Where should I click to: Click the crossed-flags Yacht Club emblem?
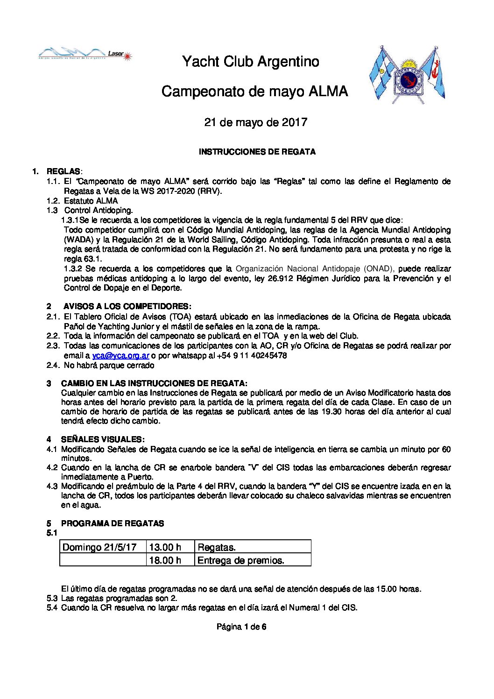click(x=407, y=73)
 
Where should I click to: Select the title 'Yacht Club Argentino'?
click(x=250, y=62)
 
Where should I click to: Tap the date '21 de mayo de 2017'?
click(x=256, y=122)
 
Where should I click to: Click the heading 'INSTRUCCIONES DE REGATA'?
click(x=257, y=152)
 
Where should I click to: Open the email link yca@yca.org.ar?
click(x=120, y=355)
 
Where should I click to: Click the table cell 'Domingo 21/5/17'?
click(x=99, y=547)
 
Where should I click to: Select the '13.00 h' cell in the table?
click(x=165, y=547)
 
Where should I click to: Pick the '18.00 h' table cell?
click(x=165, y=560)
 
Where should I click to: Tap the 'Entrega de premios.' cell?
click(x=241, y=560)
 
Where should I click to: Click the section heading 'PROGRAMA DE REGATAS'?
click(x=113, y=523)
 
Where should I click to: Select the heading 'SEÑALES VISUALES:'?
click(x=103, y=439)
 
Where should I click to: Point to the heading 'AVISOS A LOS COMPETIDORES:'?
click(x=127, y=306)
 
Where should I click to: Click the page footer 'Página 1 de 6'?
click(x=241, y=627)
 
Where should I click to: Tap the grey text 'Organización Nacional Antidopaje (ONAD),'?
click(x=315, y=268)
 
